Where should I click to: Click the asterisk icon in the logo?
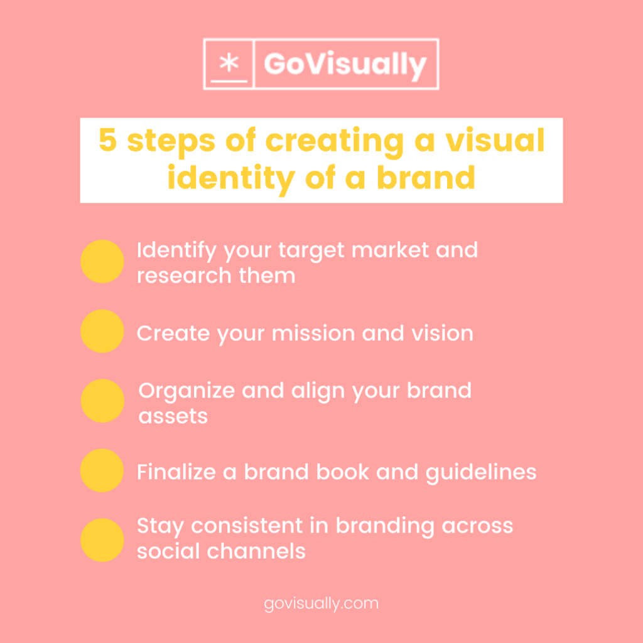point(229,63)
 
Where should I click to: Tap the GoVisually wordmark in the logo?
point(346,65)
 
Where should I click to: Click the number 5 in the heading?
point(108,140)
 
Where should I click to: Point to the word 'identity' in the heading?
point(231,178)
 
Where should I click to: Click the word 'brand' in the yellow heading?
point(426,177)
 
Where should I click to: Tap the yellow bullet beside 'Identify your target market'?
point(102,261)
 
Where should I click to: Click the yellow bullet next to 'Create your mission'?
point(102,331)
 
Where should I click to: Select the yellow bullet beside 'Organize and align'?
point(102,401)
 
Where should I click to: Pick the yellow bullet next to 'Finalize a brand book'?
point(102,470)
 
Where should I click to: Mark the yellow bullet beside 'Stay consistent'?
point(102,540)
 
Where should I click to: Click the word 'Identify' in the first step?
point(176,251)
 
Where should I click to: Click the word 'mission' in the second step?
point(313,333)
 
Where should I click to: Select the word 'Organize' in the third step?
point(186,391)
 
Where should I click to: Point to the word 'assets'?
point(173,417)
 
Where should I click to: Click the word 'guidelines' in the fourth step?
point(481,473)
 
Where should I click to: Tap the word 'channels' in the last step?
point(256,551)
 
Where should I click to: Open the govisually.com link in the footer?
point(321,604)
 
